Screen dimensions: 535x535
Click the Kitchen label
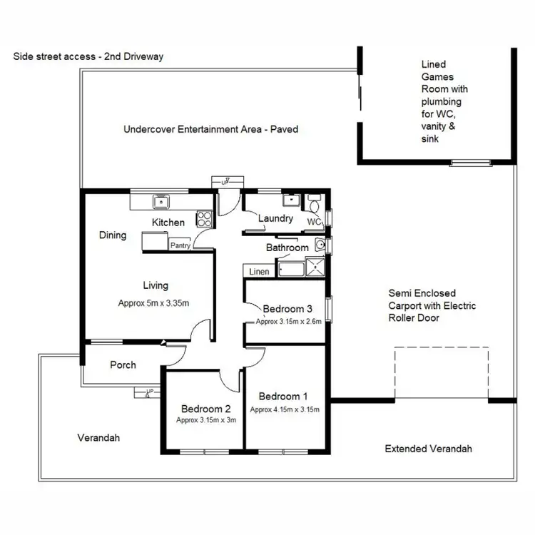pos(168,223)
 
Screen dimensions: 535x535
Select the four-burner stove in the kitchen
pos(204,218)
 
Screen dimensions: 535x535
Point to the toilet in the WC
pos(316,205)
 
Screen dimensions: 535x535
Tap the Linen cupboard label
pos(258,272)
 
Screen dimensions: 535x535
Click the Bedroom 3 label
pos(287,309)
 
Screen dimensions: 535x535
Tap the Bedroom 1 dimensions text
pos(285,409)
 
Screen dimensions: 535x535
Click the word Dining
pos(113,235)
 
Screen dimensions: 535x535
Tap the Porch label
pos(123,365)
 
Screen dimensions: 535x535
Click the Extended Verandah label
pos(428,449)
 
